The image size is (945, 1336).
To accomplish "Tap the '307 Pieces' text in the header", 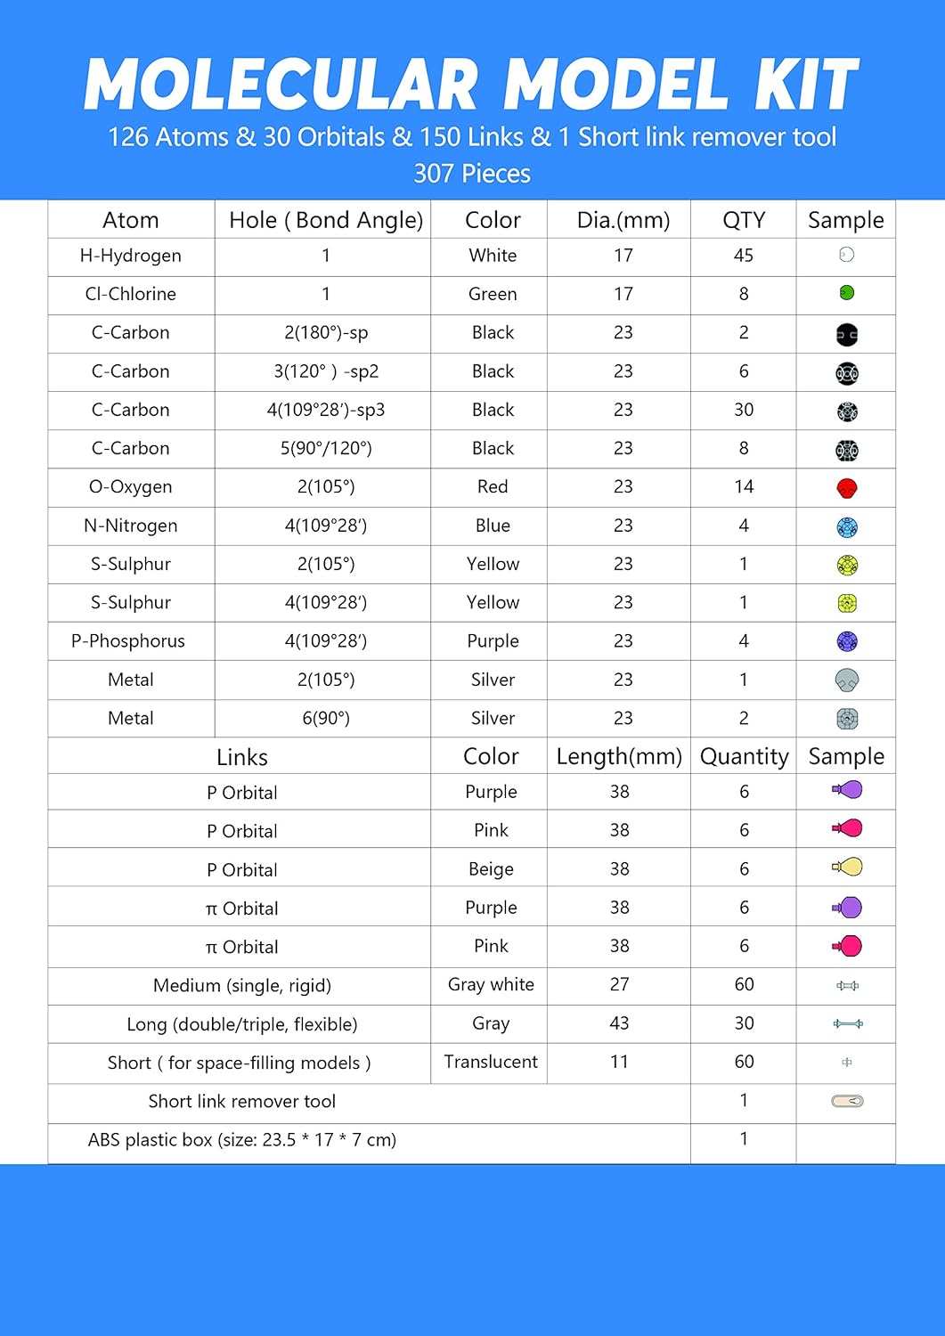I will coord(472,174).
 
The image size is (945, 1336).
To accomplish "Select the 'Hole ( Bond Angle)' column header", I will coord(326,220).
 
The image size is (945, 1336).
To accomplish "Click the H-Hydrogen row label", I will coord(131,256).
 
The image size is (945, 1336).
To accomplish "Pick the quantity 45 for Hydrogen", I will coord(744,256).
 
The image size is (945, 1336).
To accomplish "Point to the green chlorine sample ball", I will coord(847,293).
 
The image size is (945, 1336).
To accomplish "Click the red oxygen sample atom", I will coord(847,488).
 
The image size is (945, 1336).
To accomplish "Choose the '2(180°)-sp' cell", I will coord(326,332).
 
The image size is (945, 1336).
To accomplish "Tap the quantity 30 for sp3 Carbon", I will coord(744,410).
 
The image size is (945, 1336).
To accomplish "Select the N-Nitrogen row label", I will coord(131,525).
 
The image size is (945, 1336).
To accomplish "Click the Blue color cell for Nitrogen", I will coord(493,525).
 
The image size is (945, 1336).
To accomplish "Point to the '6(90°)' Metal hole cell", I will coord(326,718).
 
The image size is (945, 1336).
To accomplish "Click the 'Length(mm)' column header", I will coord(619,756).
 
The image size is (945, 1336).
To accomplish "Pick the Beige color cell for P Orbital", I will coord(491,869).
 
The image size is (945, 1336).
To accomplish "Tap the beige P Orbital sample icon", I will coord(848,867).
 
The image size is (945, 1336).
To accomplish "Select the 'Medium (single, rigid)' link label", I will coord(242,985).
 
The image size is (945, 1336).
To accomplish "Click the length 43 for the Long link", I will coord(619,1023).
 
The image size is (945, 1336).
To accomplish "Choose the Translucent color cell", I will coord(491,1062).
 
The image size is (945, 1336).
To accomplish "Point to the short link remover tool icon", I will coord(847,1102).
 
